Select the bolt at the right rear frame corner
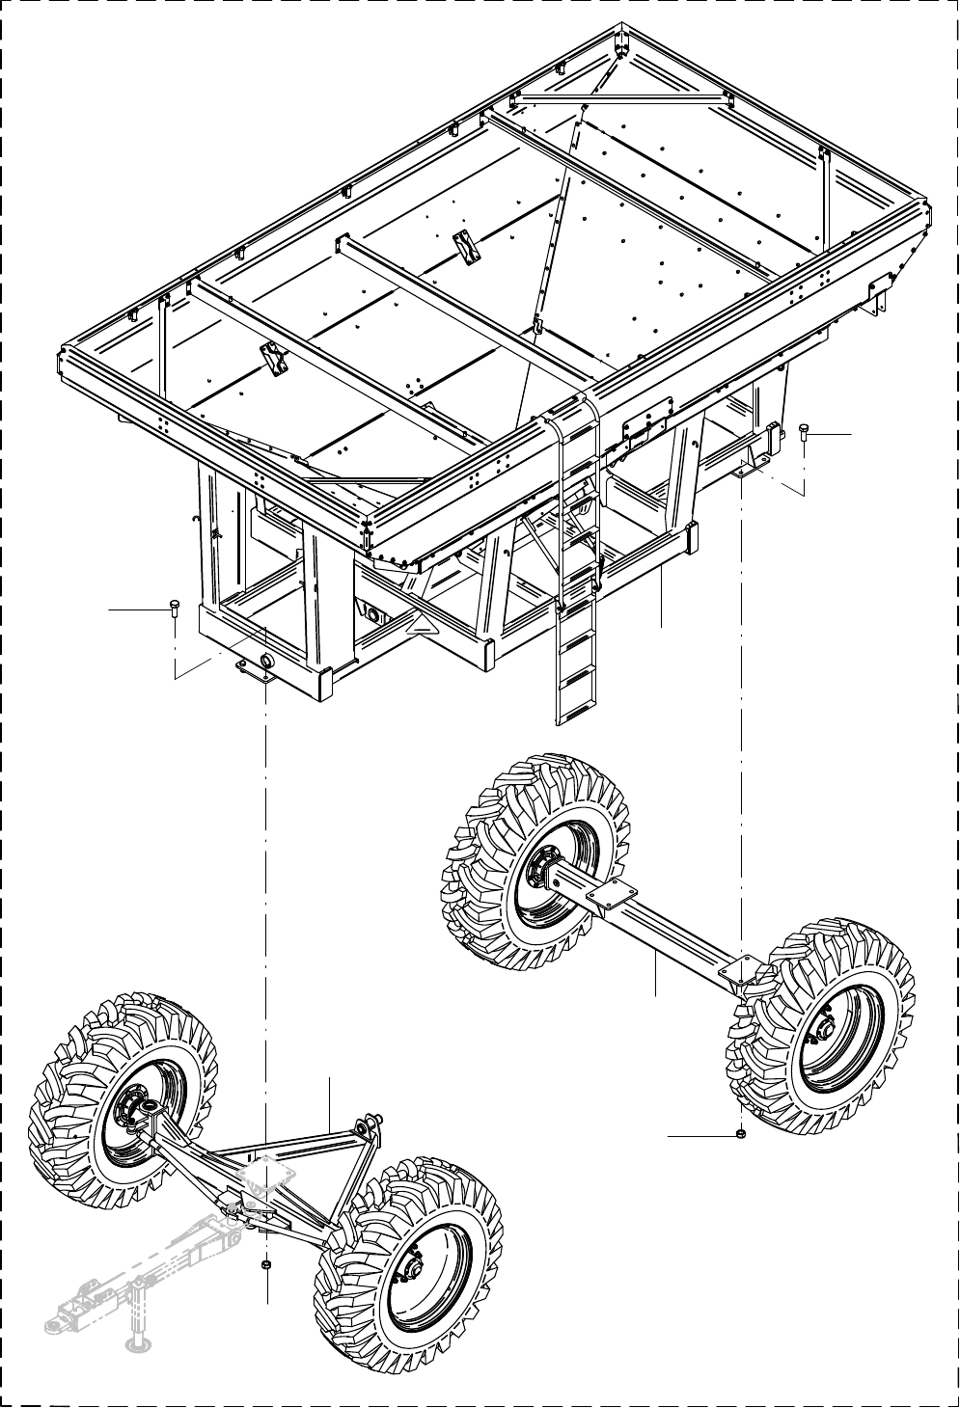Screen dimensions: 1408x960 [804, 433]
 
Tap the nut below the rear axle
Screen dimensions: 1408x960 [738, 1134]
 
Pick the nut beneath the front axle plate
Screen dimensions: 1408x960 [266, 1265]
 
